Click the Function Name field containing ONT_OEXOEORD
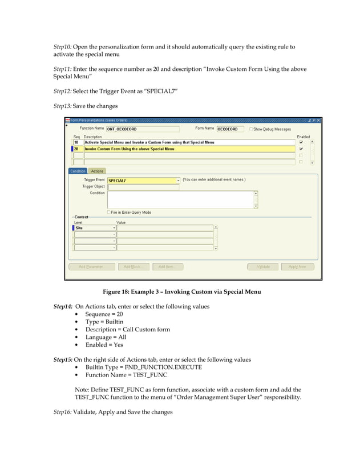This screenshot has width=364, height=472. pos(142,129)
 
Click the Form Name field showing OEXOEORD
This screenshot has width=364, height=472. pos(230,129)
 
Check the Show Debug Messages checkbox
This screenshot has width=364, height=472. pos(251,129)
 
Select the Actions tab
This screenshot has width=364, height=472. pos(98,171)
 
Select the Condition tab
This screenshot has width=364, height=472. pos(78,171)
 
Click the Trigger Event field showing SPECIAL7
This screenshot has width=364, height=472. pos(143,181)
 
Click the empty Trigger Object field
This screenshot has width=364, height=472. pos(143,186)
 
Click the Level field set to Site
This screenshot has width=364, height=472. pos(94,227)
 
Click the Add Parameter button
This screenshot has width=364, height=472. pos(91,266)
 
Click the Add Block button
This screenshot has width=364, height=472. pos(132,266)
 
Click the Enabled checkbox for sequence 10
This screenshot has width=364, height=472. pos(301,142)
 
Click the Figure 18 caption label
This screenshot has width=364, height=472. pos(181,292)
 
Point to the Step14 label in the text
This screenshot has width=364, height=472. pos(62,307)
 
